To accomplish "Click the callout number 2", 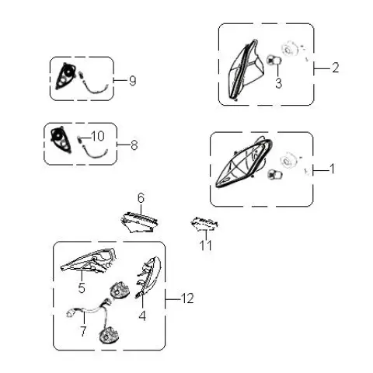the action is tap(335, 68).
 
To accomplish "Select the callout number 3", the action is tap(278, 83).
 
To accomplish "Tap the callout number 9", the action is tap(132, 81).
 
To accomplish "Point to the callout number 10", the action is tap(98, 136).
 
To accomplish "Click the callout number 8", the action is tap(134, 145).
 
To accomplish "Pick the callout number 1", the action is tap(331, 169).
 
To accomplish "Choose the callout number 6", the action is tap(141, 198).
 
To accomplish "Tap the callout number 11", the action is tap(206, 245).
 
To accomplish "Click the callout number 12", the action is tap(187, 298).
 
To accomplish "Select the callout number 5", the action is tap(82, 288).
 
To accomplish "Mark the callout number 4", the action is tap(142, 315).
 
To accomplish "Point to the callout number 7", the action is tap(83, 331).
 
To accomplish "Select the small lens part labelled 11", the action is tap(204, 224).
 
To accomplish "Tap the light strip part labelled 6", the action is tap(139, 222).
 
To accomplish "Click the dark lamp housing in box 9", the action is tap(65, 75).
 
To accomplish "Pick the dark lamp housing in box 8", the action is tap(61, 139).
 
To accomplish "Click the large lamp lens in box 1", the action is tap(243, 164).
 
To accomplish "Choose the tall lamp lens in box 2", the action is tap(246, 69).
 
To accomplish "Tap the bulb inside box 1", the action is tap(274, 174).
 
